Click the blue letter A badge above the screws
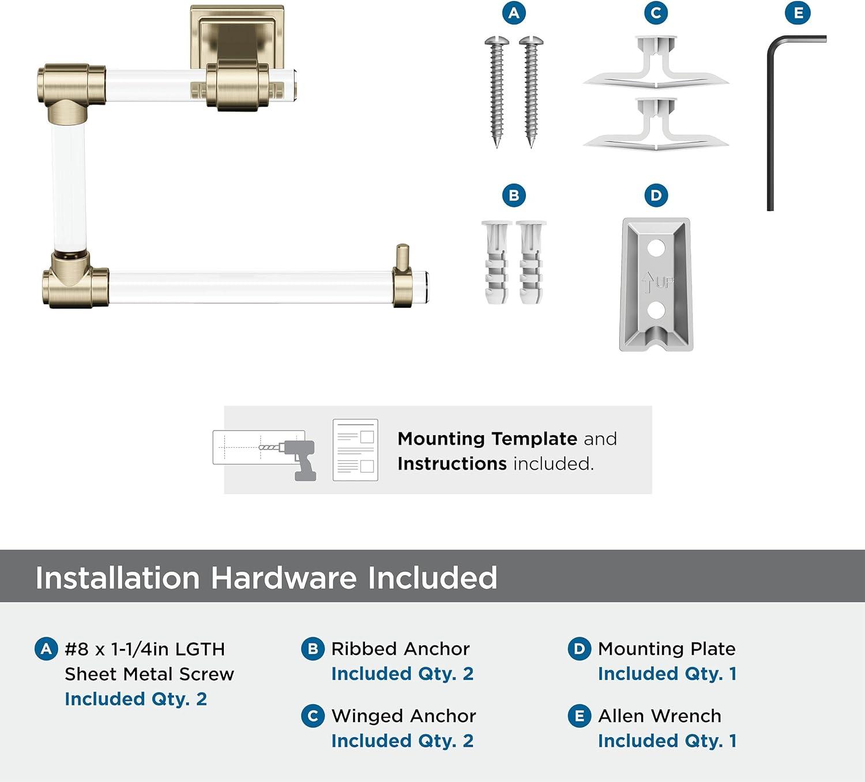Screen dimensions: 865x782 pyautogui.click(x=514, y=13)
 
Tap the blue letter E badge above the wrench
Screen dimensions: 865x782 pyautogui.click(x=798, y=13)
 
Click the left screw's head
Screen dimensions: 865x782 pyautogui.click(x=497, y=41)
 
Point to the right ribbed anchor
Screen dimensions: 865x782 pyautogui.click(x=531, y=263)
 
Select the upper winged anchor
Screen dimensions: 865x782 pyautogui.click(x=656, y=64)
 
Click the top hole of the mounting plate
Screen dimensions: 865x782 pyautogui.click(x=656, y=249)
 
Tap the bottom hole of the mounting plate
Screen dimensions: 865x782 pyautogui.click(x=656, y=311)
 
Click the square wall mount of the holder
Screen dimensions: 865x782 pyautogui.click(x=237, y=37)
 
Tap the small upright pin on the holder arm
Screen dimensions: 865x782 pyautogui.click(x=403, y=258)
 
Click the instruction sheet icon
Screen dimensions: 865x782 pyautogui.click(x=355, y=449)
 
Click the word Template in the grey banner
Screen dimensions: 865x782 pyautogui.click(x=535, y=439)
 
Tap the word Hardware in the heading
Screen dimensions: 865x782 pyautogui.click(x=284, y=577)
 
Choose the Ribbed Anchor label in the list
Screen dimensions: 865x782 pyautogui.click(x=400, y=649)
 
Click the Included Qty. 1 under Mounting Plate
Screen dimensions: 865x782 pyautogui.click(x=667, y=674)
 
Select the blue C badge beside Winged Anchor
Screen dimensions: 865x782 pyautogui.click(x=313, y=716)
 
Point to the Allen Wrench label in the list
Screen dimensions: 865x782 pyautogui.click(x=659, y=716)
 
